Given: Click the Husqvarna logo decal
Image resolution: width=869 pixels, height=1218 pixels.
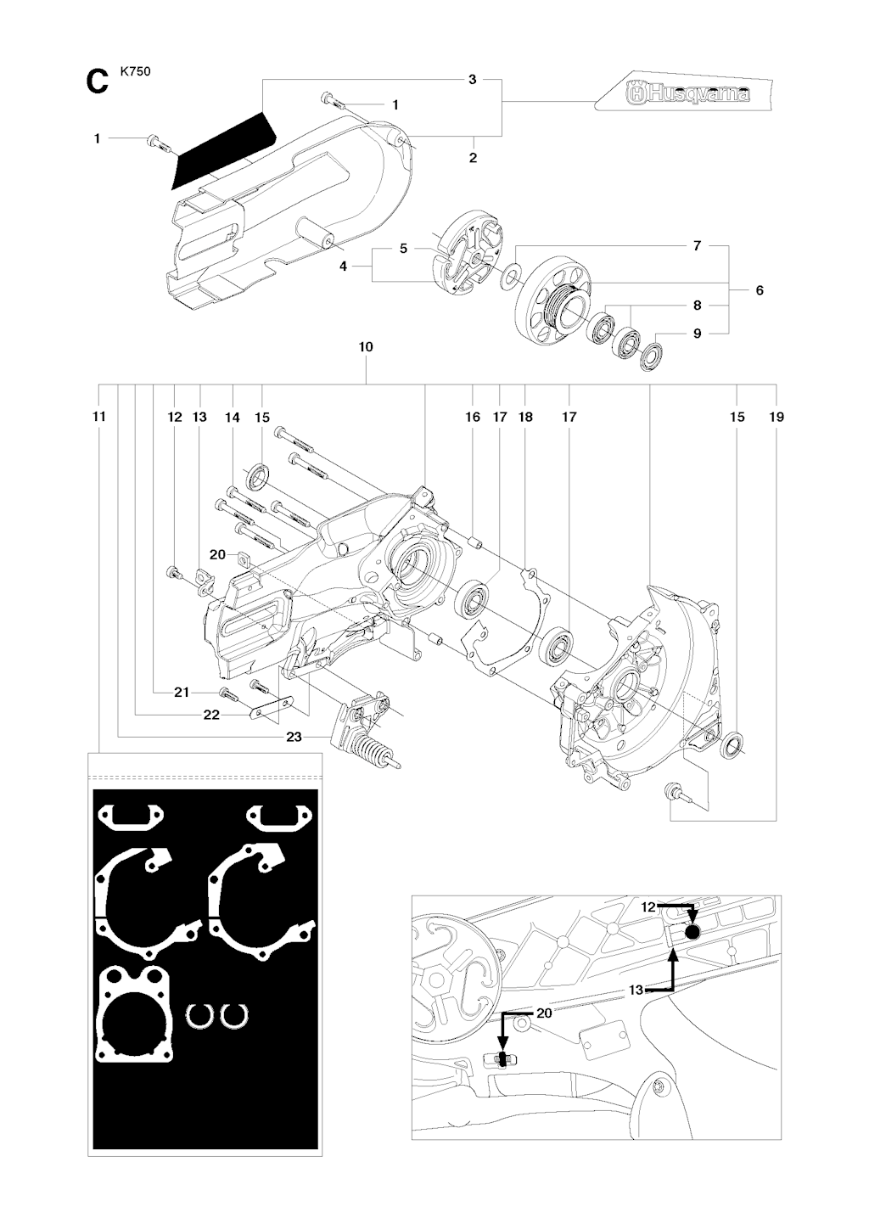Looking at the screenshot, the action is (682, 93).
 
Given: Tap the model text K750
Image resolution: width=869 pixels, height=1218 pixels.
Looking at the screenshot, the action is (135, 72).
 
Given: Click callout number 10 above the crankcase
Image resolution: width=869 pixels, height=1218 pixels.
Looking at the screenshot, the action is (366, 347).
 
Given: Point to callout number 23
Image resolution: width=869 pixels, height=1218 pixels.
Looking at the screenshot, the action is (294, 737).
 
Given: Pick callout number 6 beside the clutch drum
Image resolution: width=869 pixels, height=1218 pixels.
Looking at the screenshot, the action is (760, 290).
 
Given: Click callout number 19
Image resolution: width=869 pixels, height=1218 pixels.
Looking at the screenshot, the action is (776, 417).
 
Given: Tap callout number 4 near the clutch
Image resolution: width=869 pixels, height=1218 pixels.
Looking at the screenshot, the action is (343, 267).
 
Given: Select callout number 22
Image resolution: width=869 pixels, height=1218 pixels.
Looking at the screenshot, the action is (211, 715).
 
